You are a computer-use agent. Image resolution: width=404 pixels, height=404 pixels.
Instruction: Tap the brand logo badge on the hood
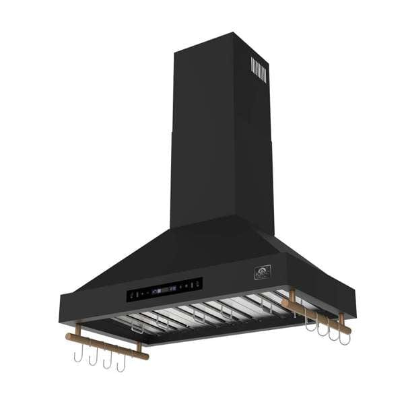point(261,273)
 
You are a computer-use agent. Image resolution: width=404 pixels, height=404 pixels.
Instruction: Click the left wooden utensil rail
point(106,345)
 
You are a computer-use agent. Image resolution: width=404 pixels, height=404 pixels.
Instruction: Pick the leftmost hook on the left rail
point(78,355)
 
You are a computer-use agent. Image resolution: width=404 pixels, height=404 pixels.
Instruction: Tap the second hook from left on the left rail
point(93,358)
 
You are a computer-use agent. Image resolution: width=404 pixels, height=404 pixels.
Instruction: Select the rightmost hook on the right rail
point(344,338)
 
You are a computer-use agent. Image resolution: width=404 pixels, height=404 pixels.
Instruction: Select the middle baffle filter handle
point(198,316)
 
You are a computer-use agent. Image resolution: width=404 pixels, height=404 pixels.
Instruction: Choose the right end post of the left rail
point(139,346)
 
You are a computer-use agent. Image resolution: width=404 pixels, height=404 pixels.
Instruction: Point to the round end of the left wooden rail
point(68,336)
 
